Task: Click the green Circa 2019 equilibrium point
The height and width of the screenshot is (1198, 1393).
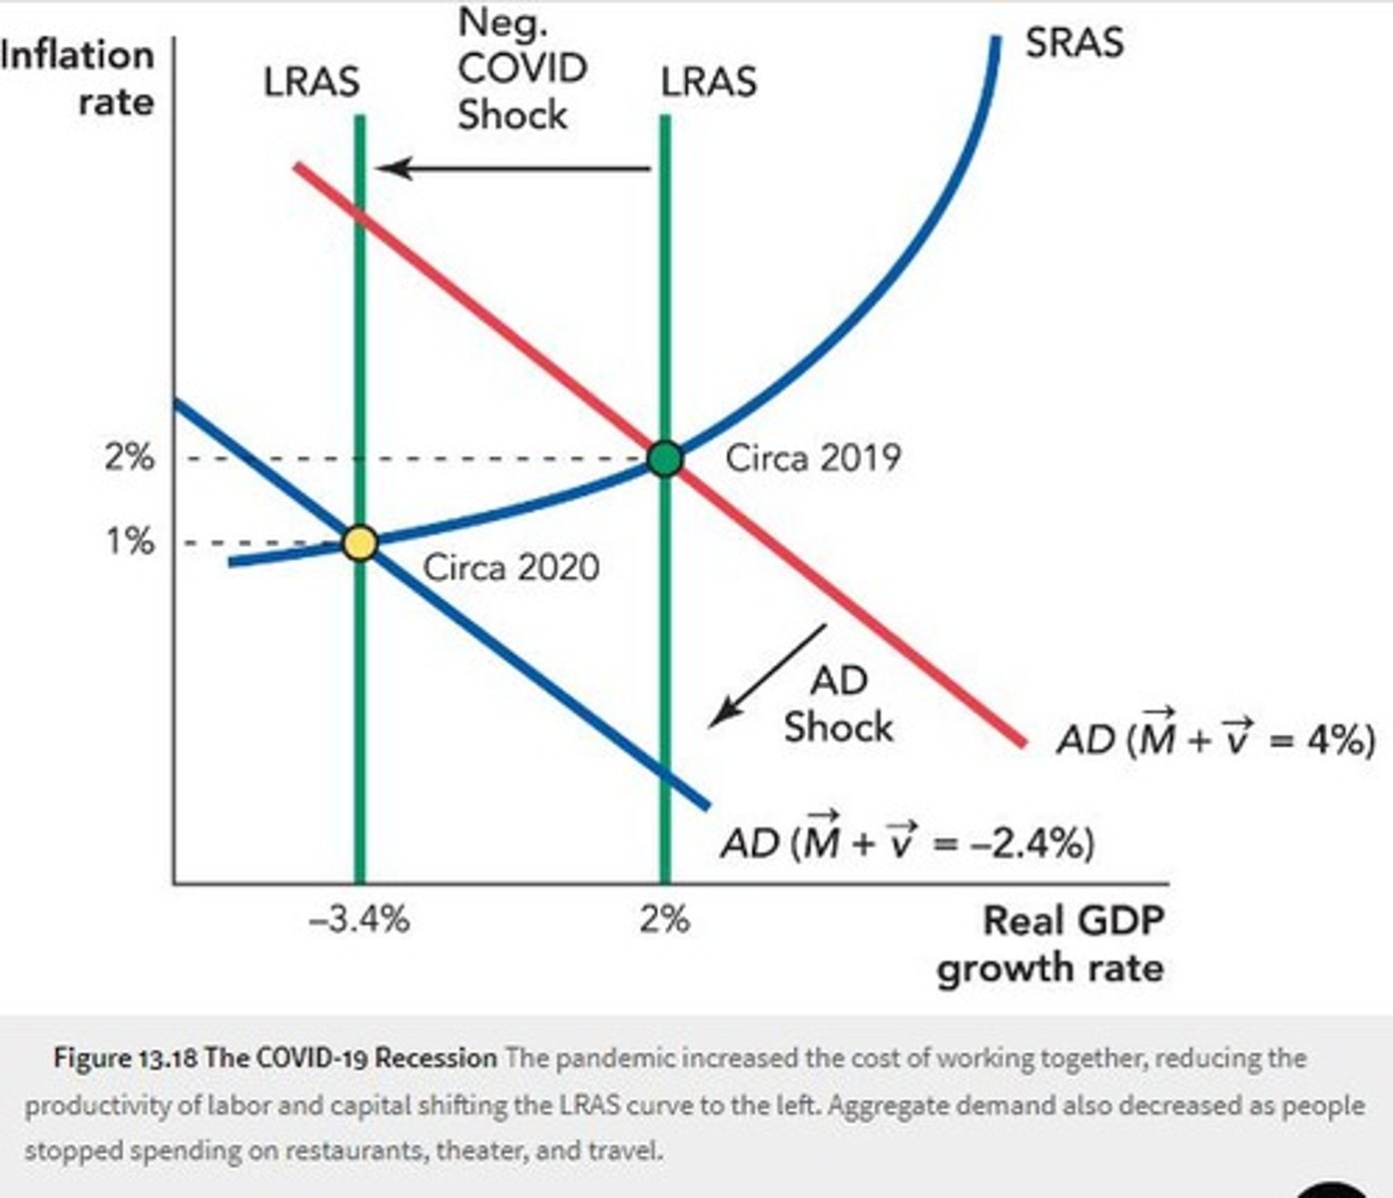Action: [665, 459]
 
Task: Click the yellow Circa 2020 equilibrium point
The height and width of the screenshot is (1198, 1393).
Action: [359, 543]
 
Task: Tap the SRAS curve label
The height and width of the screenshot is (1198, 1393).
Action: [1073, 43]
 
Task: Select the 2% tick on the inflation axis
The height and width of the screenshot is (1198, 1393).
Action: [130, 458]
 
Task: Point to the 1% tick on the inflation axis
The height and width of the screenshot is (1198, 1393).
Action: [130, 542]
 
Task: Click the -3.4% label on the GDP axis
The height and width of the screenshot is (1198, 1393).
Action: [359, 918]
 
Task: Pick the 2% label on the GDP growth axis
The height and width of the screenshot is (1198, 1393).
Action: [665, 918]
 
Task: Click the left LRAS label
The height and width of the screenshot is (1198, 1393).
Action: [311, 83]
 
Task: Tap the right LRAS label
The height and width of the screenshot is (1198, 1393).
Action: [708, 82]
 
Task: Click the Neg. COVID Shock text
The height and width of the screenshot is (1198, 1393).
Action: [521, 69]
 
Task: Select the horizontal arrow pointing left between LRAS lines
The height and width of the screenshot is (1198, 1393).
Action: [514, 168]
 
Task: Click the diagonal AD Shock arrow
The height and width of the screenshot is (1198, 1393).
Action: [767, 675]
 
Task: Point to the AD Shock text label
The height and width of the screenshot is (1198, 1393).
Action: [838, 704]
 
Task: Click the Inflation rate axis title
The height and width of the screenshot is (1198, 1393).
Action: [80, 78]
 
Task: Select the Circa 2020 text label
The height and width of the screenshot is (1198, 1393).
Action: [511, 567]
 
